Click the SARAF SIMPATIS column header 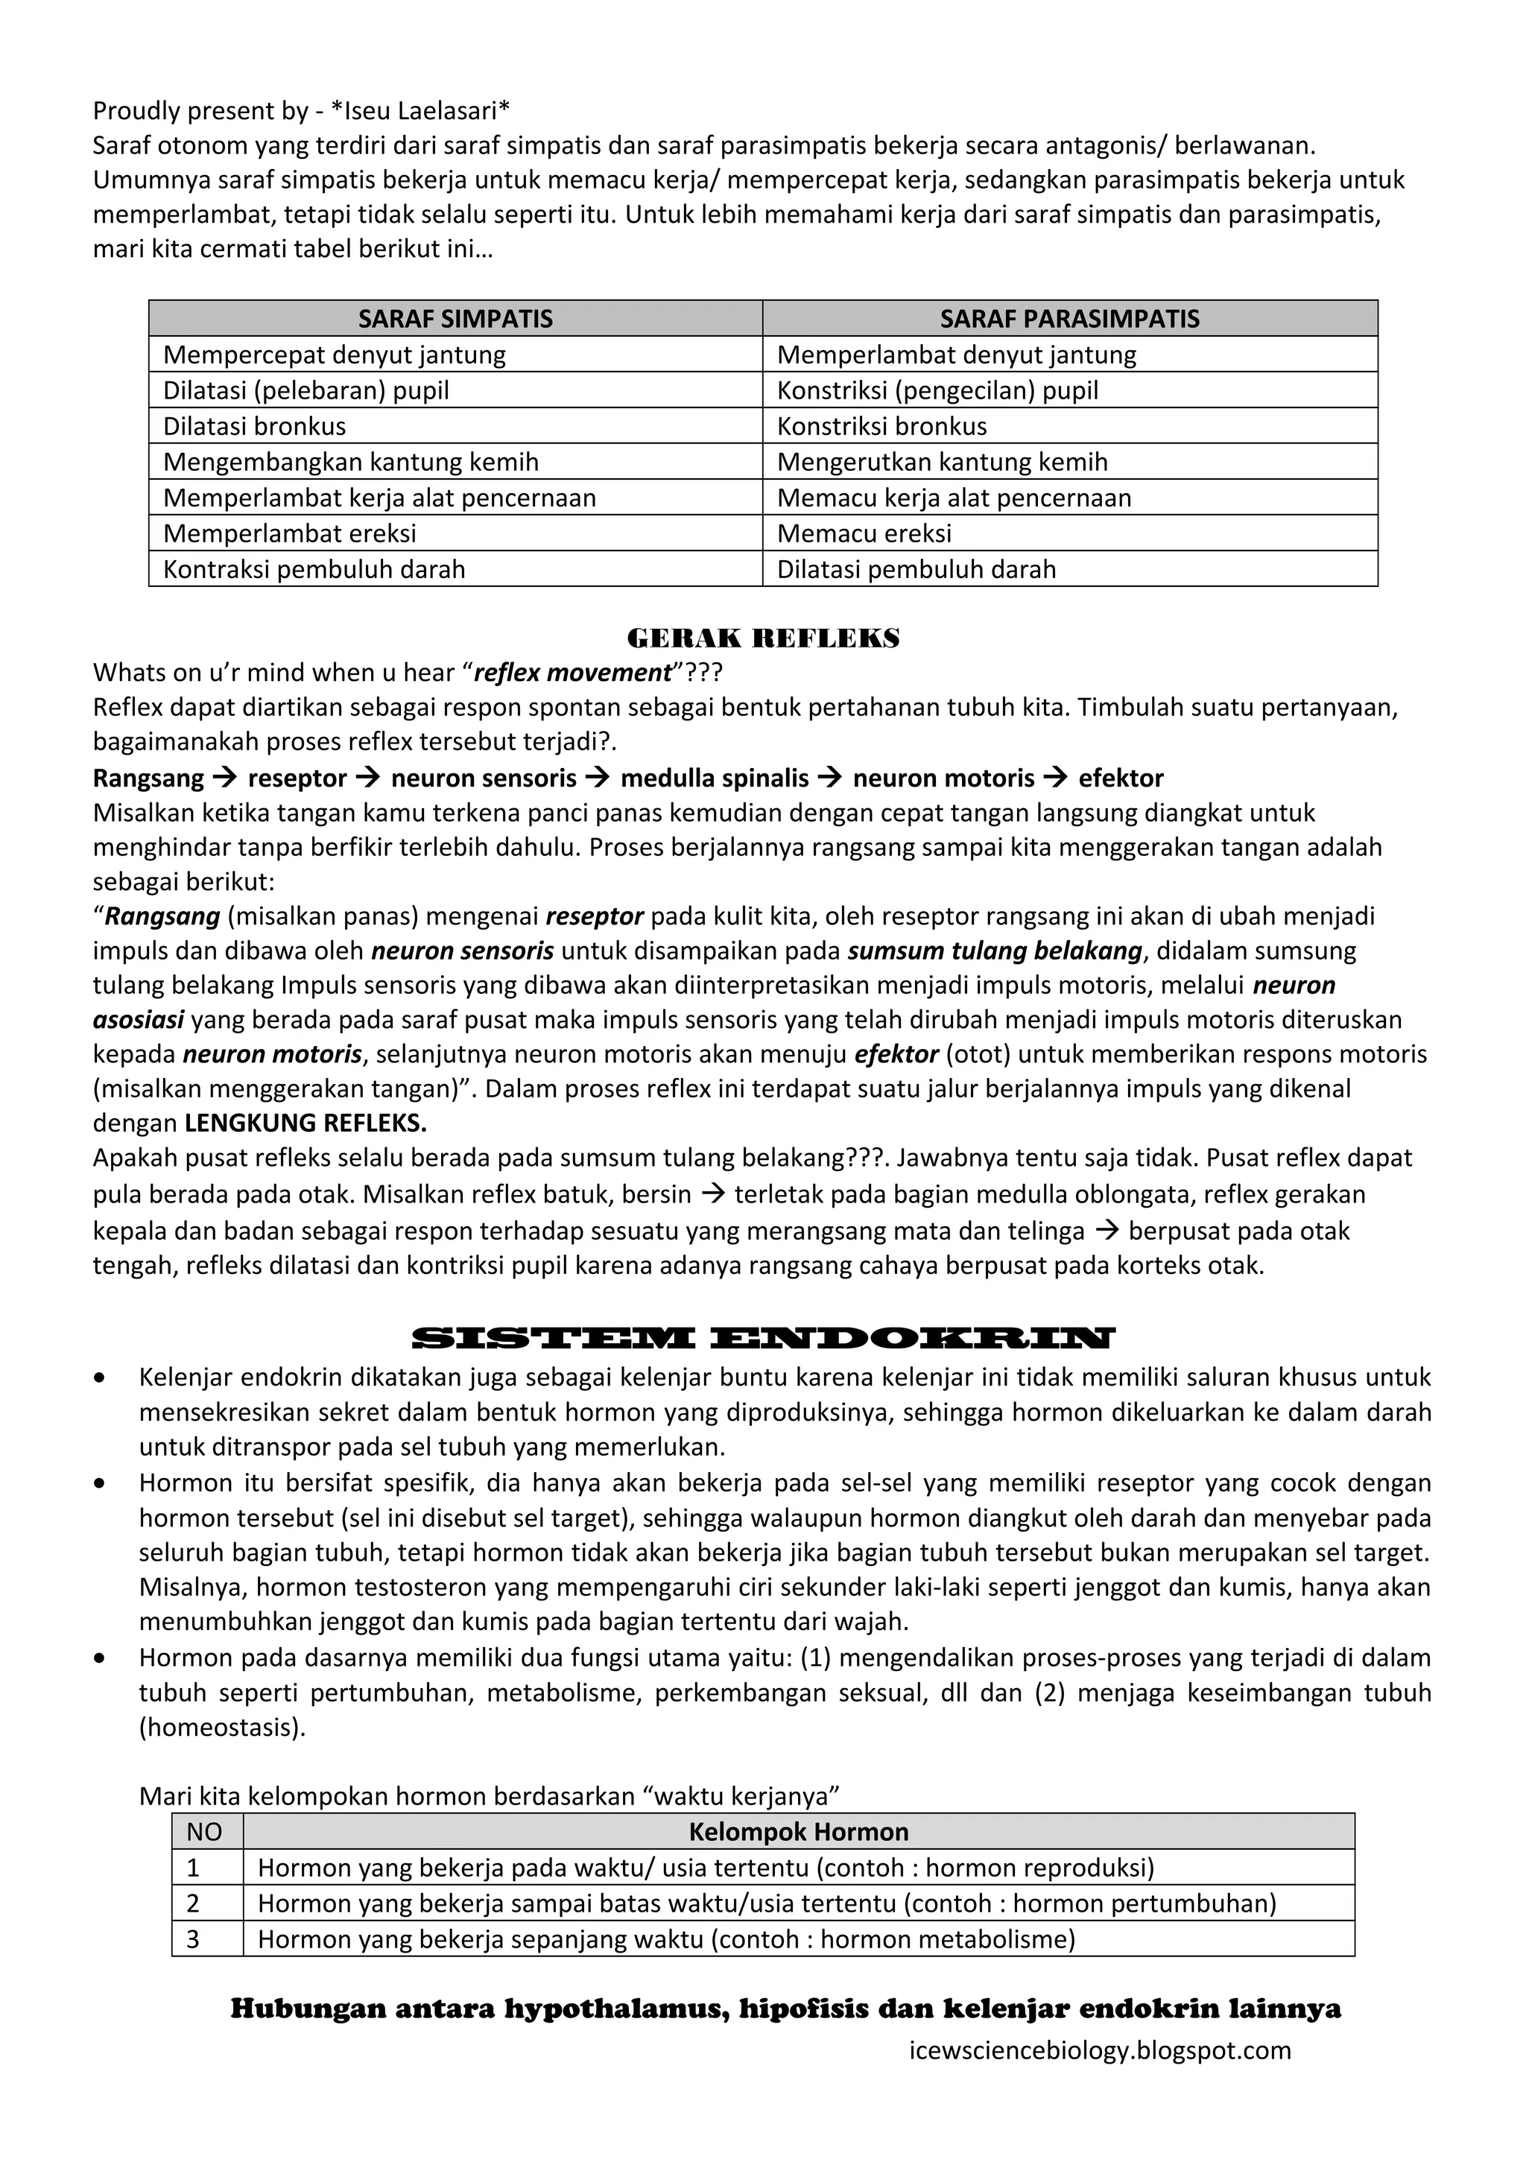(x=455, y=319)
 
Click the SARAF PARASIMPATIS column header (x=1069, y=319)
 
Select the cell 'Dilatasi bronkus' (x=255, y=426)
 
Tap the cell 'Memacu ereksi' (x=864, y=533)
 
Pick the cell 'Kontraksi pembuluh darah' (x=314, y=569)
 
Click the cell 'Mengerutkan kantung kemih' (x=942, y=462)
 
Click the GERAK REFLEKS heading (x=762, y=638)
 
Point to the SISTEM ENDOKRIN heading (x=762, y=1337)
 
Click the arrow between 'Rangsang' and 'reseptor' (x=226, y=778)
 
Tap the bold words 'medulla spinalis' (x=715, y=778)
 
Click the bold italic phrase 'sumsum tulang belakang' (x=995, y=950)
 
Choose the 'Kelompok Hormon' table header (x=798, y=1832)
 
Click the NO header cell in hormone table (x=205, y=1832)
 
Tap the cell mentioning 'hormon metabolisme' (x=665, y=1939)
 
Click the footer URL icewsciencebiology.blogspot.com (x=1100, y=2050)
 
